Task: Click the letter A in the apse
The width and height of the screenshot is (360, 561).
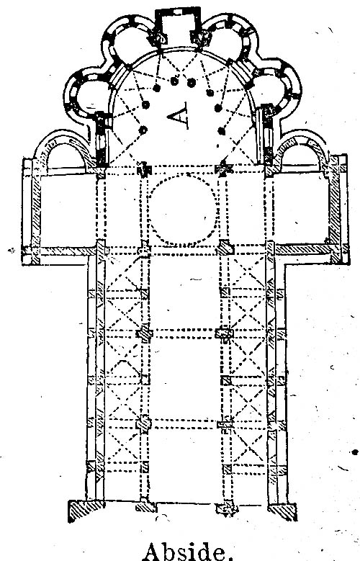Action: [x=179, y=115]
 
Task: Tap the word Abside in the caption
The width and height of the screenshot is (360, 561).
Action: [x=186, y=552]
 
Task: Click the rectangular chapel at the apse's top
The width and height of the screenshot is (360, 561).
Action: [x=178, y=22]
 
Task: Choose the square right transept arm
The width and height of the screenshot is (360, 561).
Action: [x=304, y=210]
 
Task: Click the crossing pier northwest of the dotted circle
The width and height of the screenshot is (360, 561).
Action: [x=144, y=169]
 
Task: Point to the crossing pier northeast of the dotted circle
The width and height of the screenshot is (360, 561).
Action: [x=222, y=169]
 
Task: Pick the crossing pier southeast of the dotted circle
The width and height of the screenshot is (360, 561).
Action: [x=225, y=248]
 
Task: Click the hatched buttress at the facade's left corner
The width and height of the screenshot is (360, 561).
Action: [x=86, y=511]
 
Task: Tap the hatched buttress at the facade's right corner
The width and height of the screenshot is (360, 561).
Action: [x=282, y=511]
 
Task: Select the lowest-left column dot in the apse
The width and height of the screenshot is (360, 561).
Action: [x=143, y=130]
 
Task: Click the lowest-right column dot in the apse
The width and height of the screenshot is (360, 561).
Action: [x=222, y=131]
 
